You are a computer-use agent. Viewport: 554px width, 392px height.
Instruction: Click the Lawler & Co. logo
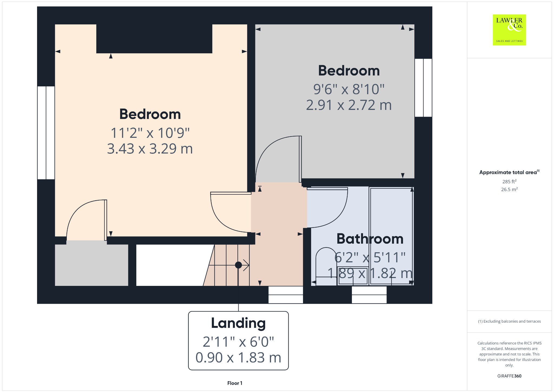coord(509,30)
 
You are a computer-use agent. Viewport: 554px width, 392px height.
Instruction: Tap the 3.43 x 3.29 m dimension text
coord(150,149)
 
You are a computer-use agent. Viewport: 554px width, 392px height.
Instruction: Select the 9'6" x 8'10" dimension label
coord(349,89)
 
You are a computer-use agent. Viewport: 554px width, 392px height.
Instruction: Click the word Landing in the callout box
coord(238,323)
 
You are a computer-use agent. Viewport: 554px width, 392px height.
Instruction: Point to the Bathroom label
coord(370,239)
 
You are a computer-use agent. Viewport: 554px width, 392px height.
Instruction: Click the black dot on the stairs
coord(238,265)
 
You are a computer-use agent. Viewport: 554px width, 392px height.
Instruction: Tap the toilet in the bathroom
coord(326,266)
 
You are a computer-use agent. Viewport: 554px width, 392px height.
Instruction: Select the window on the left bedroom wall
coord(46,133)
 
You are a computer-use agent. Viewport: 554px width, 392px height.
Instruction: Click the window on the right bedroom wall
coord(423,88)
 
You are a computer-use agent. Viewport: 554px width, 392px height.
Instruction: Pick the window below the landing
coord(286,295)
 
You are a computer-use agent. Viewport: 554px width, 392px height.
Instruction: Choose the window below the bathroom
coord(369,295)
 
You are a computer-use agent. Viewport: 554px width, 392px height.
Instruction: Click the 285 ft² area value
coord(509,181)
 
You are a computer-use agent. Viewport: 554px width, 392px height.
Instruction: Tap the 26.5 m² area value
coord(509,189)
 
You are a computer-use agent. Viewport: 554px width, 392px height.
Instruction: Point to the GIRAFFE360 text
coord(509,376)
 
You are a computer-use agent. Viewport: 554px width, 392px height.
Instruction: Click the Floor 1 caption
coord(235,383)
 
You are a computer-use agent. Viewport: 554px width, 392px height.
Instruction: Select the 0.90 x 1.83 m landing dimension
coord(238,358)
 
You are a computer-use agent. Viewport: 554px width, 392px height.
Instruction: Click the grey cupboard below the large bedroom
coord(91,265)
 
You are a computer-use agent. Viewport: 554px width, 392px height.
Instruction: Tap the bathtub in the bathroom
coord(391,236)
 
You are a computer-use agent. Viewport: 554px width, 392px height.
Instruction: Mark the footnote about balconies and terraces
coord(509,321)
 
